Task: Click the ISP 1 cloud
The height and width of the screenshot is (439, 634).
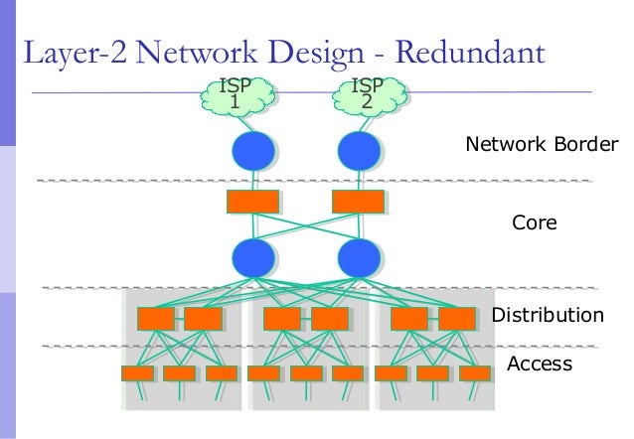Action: [235, 95]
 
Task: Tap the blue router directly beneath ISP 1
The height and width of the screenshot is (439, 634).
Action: [252, 151]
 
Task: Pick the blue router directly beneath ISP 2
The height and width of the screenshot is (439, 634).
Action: [359, 151]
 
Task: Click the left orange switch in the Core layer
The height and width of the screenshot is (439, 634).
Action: [252, 202]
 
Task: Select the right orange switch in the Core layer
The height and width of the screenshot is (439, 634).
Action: [359, 202]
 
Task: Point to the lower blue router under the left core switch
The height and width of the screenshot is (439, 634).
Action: [252, 257]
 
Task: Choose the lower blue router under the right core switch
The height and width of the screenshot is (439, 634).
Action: [359, 257]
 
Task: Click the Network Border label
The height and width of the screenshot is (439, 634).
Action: [542, 146]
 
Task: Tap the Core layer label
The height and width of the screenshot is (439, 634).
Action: [534, 224]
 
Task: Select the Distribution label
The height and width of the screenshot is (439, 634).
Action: [548, 316]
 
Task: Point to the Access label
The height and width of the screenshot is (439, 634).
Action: [540, 365]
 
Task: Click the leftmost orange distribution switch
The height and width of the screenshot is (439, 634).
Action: [156, 318]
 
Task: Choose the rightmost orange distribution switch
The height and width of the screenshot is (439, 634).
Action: [457, 318]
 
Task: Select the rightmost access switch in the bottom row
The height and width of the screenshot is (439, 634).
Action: [475, 374]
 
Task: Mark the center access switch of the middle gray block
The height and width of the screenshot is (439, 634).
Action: [306, 374]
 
